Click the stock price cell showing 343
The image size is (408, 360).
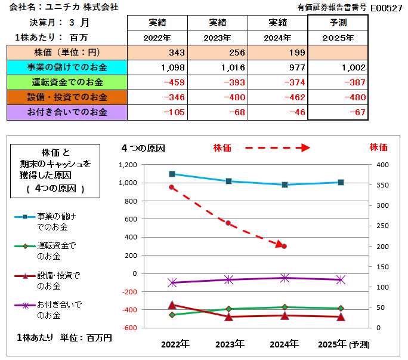[x=157, y=53]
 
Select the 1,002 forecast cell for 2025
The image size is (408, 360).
[x=338, y=67]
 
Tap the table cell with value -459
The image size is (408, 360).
[x=157, y=82]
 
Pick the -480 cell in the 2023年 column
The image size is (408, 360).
[x=218, y=97]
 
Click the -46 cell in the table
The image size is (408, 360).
[x=277, y=112]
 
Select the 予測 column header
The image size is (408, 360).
[x=338, y=23]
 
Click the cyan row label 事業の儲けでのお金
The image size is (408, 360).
[x=66, y=67]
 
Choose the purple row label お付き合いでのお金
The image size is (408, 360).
[x=66, y=112]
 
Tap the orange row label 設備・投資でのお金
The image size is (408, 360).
[x=66, y=97]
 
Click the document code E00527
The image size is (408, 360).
[x=386, y=8]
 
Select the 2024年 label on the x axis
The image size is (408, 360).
[x=285, y=344]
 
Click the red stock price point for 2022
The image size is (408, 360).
[x=172, y=187]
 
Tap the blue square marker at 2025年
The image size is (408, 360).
[x=341, y=182]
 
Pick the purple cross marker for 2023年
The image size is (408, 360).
[x=229, y=279]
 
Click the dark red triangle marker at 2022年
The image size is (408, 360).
[x=172, y=305]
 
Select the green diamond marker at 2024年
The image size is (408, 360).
[x=285, y=307]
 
